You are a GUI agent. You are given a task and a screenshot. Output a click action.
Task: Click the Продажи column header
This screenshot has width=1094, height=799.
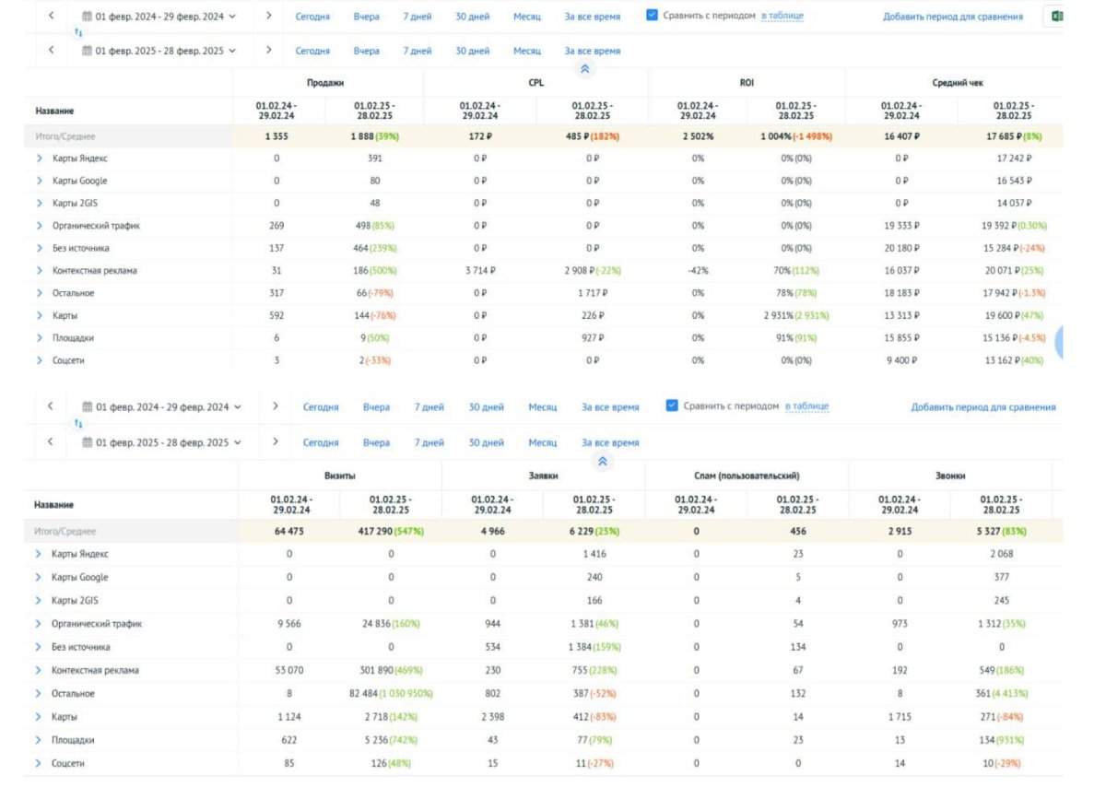click(325, 83)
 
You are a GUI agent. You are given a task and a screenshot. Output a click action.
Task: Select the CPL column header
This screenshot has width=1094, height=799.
click(535, 83)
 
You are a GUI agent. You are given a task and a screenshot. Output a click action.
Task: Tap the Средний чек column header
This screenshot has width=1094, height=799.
click(957, 83)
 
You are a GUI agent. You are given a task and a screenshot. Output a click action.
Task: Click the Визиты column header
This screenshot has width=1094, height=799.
click(340, 476)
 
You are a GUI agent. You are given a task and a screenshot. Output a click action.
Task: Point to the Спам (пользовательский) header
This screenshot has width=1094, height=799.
click(747, 476)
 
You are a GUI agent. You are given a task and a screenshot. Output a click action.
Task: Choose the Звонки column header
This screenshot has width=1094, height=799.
click(950, 476)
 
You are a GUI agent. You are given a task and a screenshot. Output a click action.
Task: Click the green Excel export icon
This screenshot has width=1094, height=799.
click(1056, 16)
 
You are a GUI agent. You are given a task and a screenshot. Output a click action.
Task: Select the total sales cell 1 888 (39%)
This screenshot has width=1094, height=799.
click(375, 136)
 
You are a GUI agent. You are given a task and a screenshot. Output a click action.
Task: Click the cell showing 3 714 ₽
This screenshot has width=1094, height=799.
click(479, 271)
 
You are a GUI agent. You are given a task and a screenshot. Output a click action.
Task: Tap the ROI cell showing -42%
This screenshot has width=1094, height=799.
click(698, 271)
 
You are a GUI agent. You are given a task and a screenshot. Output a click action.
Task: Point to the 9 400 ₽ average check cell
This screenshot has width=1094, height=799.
click(901, 360)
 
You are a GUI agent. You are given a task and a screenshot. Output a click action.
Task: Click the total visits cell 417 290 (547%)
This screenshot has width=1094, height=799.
click(391, 531)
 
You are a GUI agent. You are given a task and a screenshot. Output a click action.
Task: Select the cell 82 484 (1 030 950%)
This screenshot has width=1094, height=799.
click(391, 693)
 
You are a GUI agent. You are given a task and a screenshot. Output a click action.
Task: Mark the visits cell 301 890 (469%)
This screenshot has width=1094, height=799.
click(391, 670)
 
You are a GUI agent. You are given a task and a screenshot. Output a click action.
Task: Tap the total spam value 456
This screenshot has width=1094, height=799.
click(797, 531)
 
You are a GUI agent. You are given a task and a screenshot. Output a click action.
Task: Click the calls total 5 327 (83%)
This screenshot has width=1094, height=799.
click(1001, 531)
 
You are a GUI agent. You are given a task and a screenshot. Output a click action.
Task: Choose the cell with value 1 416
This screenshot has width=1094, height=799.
click(594, 554)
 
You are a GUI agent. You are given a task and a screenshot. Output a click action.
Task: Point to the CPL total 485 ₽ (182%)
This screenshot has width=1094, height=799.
click(592, 136)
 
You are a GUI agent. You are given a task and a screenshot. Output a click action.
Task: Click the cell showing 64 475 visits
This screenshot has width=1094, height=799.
click(289, 531)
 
